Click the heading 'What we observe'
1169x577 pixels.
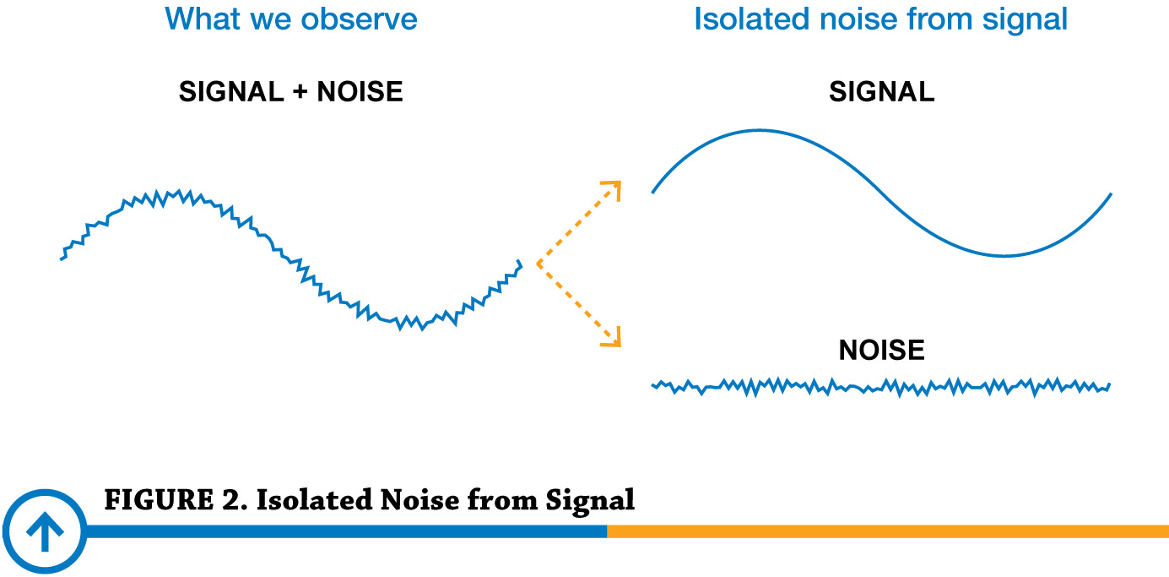291,19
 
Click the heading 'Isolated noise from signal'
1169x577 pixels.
880,19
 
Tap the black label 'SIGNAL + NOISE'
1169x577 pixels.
290,92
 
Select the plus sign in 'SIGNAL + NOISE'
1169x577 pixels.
300,92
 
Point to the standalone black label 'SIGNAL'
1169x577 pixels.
881,92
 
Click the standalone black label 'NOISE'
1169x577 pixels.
881,350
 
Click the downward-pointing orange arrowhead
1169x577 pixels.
614,340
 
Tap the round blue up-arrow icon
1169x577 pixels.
44,532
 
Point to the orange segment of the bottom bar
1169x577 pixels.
886,531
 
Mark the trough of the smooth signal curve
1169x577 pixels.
1004,255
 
